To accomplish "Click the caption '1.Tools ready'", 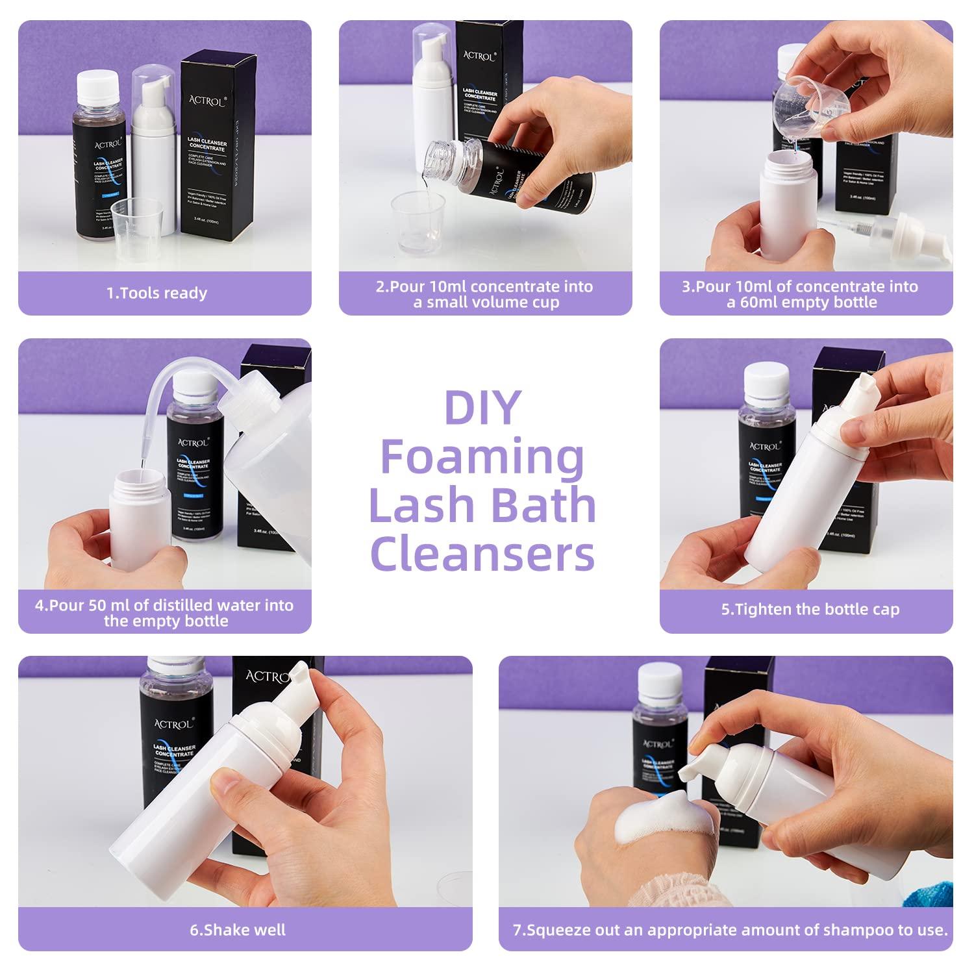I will tap(156, 293).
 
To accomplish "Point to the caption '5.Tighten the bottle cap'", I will tap(810, 610).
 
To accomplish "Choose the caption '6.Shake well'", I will tap(238, 930).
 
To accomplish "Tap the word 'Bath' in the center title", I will tap(536, 506).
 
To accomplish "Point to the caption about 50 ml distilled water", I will tap(164, 613).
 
